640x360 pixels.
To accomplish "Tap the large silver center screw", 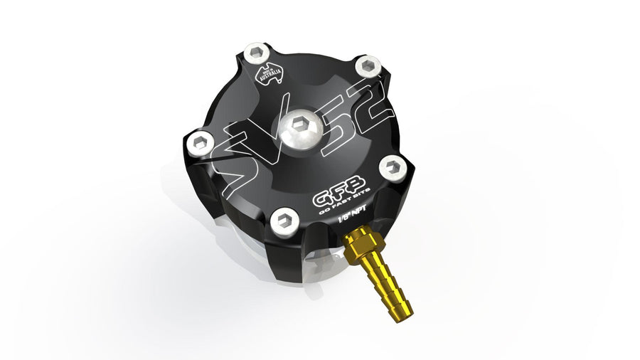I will [x=299, y=129].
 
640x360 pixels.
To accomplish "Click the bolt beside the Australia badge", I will [x=256, y=52].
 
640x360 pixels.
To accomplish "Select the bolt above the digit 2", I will [x=366, y=67].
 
